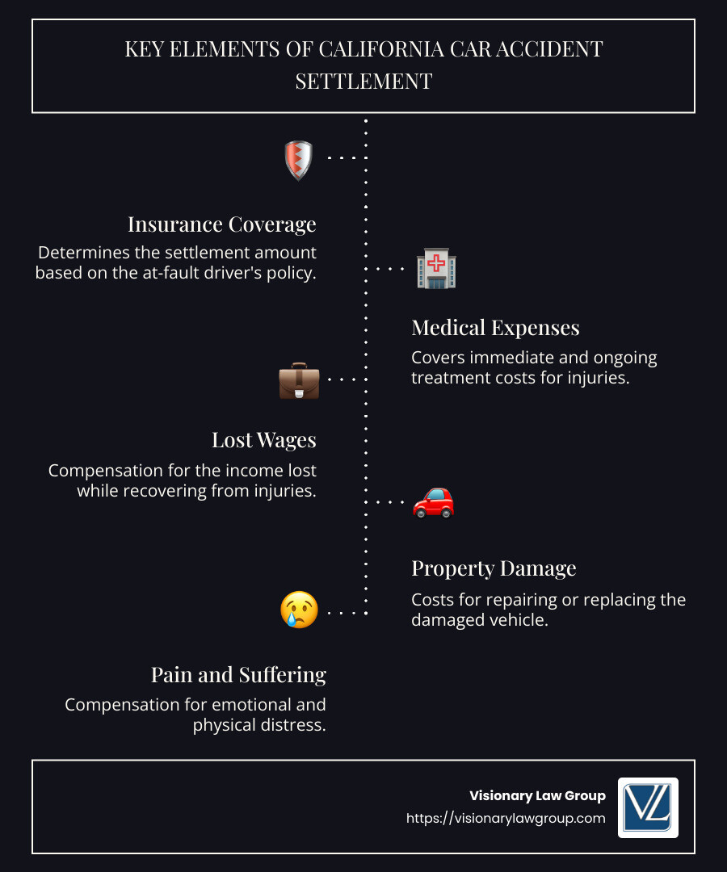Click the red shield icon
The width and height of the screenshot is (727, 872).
[x=299, y=159]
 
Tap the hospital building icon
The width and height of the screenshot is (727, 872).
[x=436, y=269]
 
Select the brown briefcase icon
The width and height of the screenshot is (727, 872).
[x=299, y=380]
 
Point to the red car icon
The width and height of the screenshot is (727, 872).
[x=434, y=501]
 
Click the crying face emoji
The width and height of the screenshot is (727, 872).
[x=299, y=610]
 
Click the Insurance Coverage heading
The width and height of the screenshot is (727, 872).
[x=222, y=224]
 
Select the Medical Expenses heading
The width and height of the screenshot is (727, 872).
[x=495, y=327]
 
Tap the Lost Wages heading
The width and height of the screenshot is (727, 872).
[x=264, y=440]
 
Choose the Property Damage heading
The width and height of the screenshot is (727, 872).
[x=494, y=568]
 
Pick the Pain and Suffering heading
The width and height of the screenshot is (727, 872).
[x=238, y=674]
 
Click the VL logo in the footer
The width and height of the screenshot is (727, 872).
[x=648, y=807]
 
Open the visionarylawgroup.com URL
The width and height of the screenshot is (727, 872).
[x=506, y=818]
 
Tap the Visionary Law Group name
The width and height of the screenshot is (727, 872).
[x=537, y=796]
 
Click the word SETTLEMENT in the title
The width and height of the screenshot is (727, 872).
[x=363, y=81]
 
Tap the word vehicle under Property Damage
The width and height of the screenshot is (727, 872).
[x=519, y=620]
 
